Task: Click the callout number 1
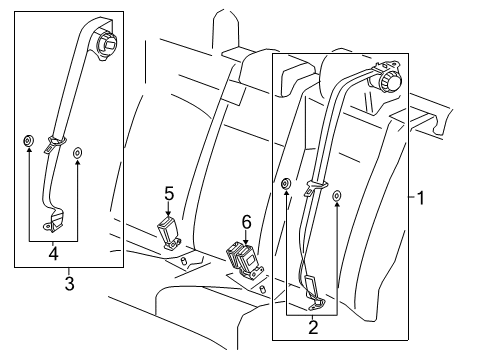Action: [x=421, y=198]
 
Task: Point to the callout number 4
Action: [x=54, y=252]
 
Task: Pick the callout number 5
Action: [x=169, y=193]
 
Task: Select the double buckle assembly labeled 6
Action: [x=242, y=262]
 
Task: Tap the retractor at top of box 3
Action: [x=105, y=44]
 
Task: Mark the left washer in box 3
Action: [x=28, y=139]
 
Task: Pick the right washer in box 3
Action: [x=79, y=154]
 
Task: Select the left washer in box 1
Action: [x=286, y=183]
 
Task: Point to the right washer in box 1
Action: [x=336, y=197]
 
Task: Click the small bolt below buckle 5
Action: [x=185, y=262]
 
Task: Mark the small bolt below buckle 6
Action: [x=262, y=289]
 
